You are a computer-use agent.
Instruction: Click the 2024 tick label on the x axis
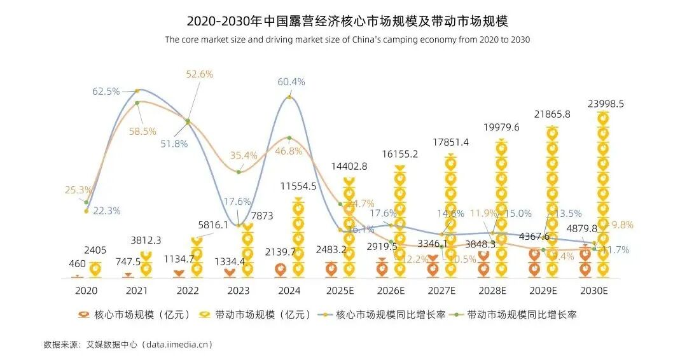click(289, 291)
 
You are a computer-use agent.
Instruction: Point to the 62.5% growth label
click(106, 91)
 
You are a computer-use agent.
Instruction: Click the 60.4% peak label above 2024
click(291, 81)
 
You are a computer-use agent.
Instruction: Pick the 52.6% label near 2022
click(199, 74)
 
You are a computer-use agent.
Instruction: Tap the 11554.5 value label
click(298, 186)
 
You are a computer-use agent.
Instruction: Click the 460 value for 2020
click(77, 263)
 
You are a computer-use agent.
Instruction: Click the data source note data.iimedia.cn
click(127, 344)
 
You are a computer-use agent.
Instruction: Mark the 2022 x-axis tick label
click(188, 291)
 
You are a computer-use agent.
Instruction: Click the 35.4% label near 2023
click(244, 155)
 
